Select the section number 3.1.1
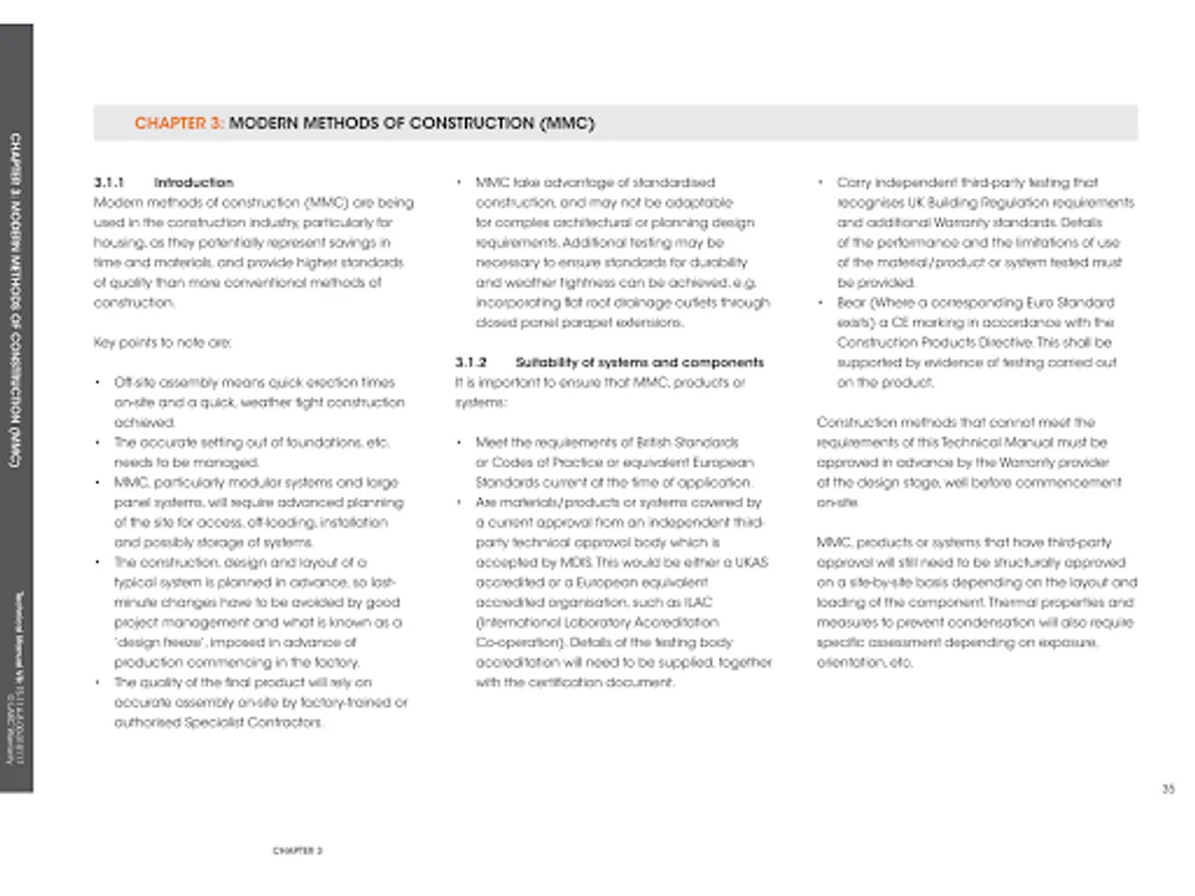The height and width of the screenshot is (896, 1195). click(108, 183)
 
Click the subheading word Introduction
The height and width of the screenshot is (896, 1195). click(193, 183)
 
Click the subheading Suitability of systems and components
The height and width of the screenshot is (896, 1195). click(640, 362)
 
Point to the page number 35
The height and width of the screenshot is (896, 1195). click(1168, 789)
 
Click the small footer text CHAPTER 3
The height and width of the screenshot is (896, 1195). click(298, 851)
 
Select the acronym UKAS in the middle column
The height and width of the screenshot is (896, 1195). click(749, 563)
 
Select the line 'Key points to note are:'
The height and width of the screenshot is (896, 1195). click(161, 342)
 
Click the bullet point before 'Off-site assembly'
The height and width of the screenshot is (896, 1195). click(95, 383)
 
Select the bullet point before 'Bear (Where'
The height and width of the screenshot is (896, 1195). click(819, 303)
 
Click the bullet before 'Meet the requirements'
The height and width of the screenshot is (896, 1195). click(457, 443)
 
